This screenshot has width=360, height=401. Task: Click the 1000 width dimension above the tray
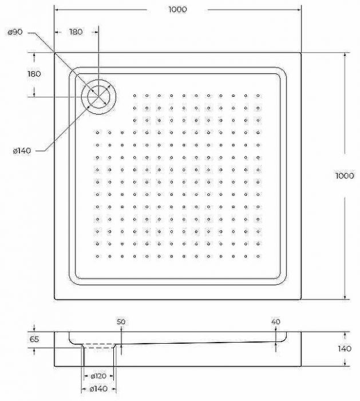[178, 10]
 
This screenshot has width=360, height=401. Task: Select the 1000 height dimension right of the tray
[345, 176]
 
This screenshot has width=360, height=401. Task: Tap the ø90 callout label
[15, 32]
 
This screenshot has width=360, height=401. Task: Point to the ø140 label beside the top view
[22, 151]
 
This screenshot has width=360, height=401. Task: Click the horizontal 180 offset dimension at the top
[76, 32]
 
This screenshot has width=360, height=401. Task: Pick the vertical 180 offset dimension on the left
[34, 74]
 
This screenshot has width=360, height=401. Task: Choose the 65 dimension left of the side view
[34, 339]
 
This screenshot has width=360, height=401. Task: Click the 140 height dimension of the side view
[345, 348]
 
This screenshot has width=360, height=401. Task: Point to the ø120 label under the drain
[98, 376]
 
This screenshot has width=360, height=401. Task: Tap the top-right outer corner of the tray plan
[300, 53]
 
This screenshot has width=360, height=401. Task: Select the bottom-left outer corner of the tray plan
[55, 300]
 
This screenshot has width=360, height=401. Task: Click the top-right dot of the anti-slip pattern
[258, 96]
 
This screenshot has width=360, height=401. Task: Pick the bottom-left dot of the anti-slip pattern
[97, 256]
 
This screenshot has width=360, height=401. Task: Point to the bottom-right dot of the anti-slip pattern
[258, 256]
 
